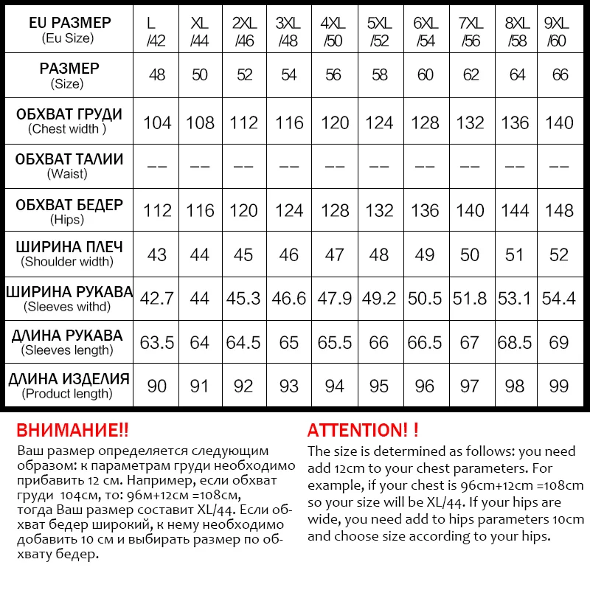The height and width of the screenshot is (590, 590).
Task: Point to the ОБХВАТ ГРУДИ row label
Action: click(69, 121)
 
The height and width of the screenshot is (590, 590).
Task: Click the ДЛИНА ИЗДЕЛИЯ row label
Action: click(69, 386)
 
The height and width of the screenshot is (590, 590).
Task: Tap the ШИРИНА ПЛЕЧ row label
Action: click(69, 253)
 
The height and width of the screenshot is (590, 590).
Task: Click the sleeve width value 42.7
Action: click(156, 298)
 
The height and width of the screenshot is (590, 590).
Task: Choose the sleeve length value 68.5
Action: click(515, 342)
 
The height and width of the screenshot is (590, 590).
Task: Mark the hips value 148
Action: click(558, 210)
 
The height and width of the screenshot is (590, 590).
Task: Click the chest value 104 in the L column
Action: click(156, 122)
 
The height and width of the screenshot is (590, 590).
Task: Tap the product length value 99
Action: click(558, 386)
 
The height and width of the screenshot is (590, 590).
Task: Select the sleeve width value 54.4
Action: click(558, 298)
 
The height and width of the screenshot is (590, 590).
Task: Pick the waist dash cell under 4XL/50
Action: click(334, 167)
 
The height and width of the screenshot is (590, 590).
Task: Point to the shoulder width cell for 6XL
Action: click(425, 254)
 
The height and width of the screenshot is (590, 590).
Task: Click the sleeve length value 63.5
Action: click(156, 342)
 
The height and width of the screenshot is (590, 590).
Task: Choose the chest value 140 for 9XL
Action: click(558, 122)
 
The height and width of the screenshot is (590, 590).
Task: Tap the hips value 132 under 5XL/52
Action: click(379, 210)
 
